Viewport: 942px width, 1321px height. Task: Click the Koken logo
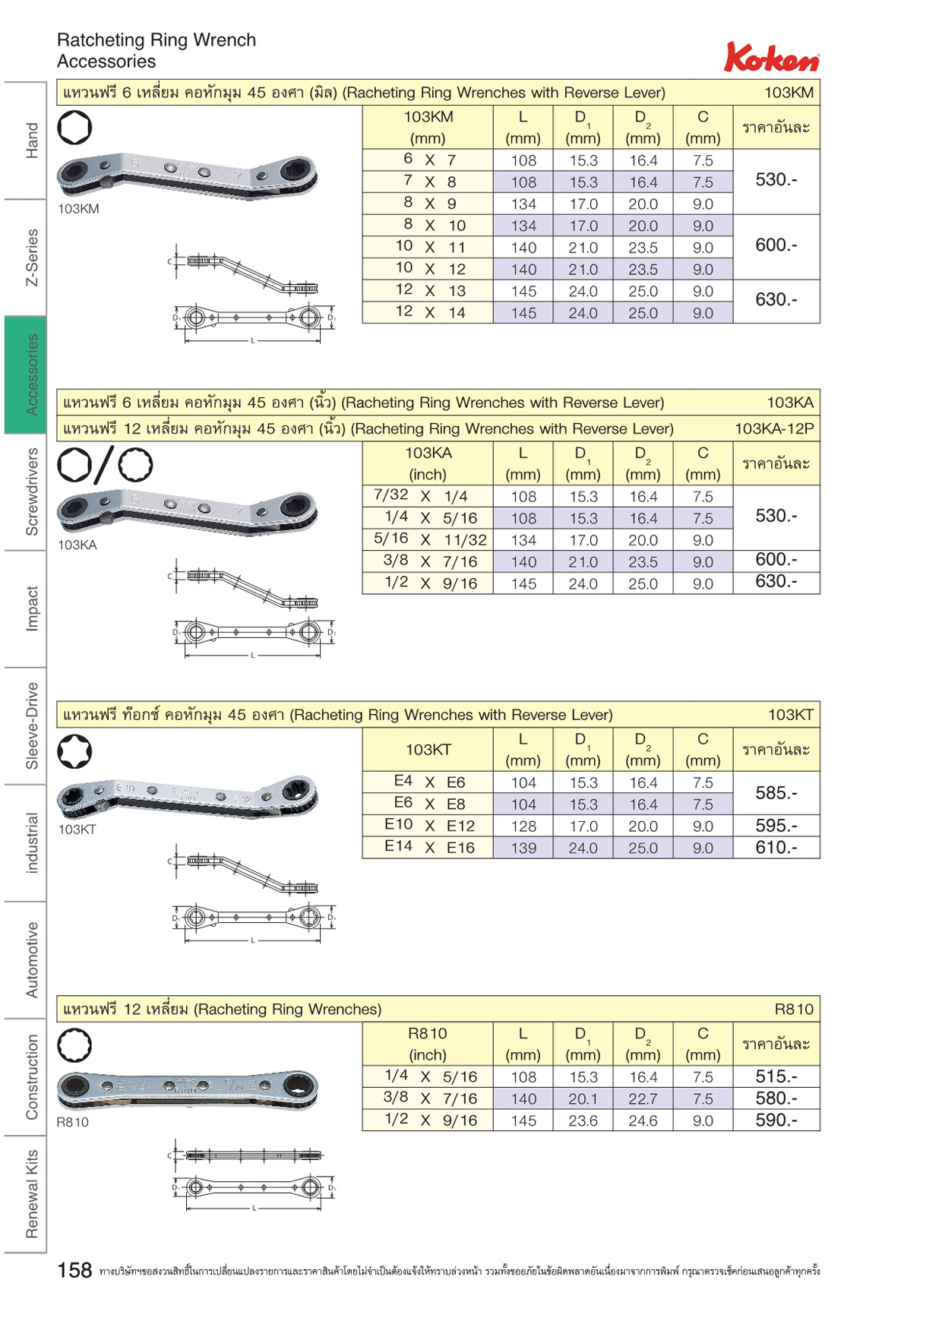tap(772, 57)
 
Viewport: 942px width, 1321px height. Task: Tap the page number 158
tap(74, 1270)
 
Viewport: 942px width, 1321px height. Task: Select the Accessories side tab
tap(26, 374)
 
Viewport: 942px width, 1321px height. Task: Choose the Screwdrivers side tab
tap(26, 491)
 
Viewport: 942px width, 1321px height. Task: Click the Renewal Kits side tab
tap(26, 1193)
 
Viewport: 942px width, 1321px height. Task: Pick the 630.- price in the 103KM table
tap(776, 300)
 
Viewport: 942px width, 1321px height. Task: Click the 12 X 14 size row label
tap(430, 312)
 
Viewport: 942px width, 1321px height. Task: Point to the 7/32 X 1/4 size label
tap(421, 496)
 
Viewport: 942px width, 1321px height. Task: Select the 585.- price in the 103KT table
tap(776, 793)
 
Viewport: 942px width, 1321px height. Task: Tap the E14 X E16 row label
tap(429, 847)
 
